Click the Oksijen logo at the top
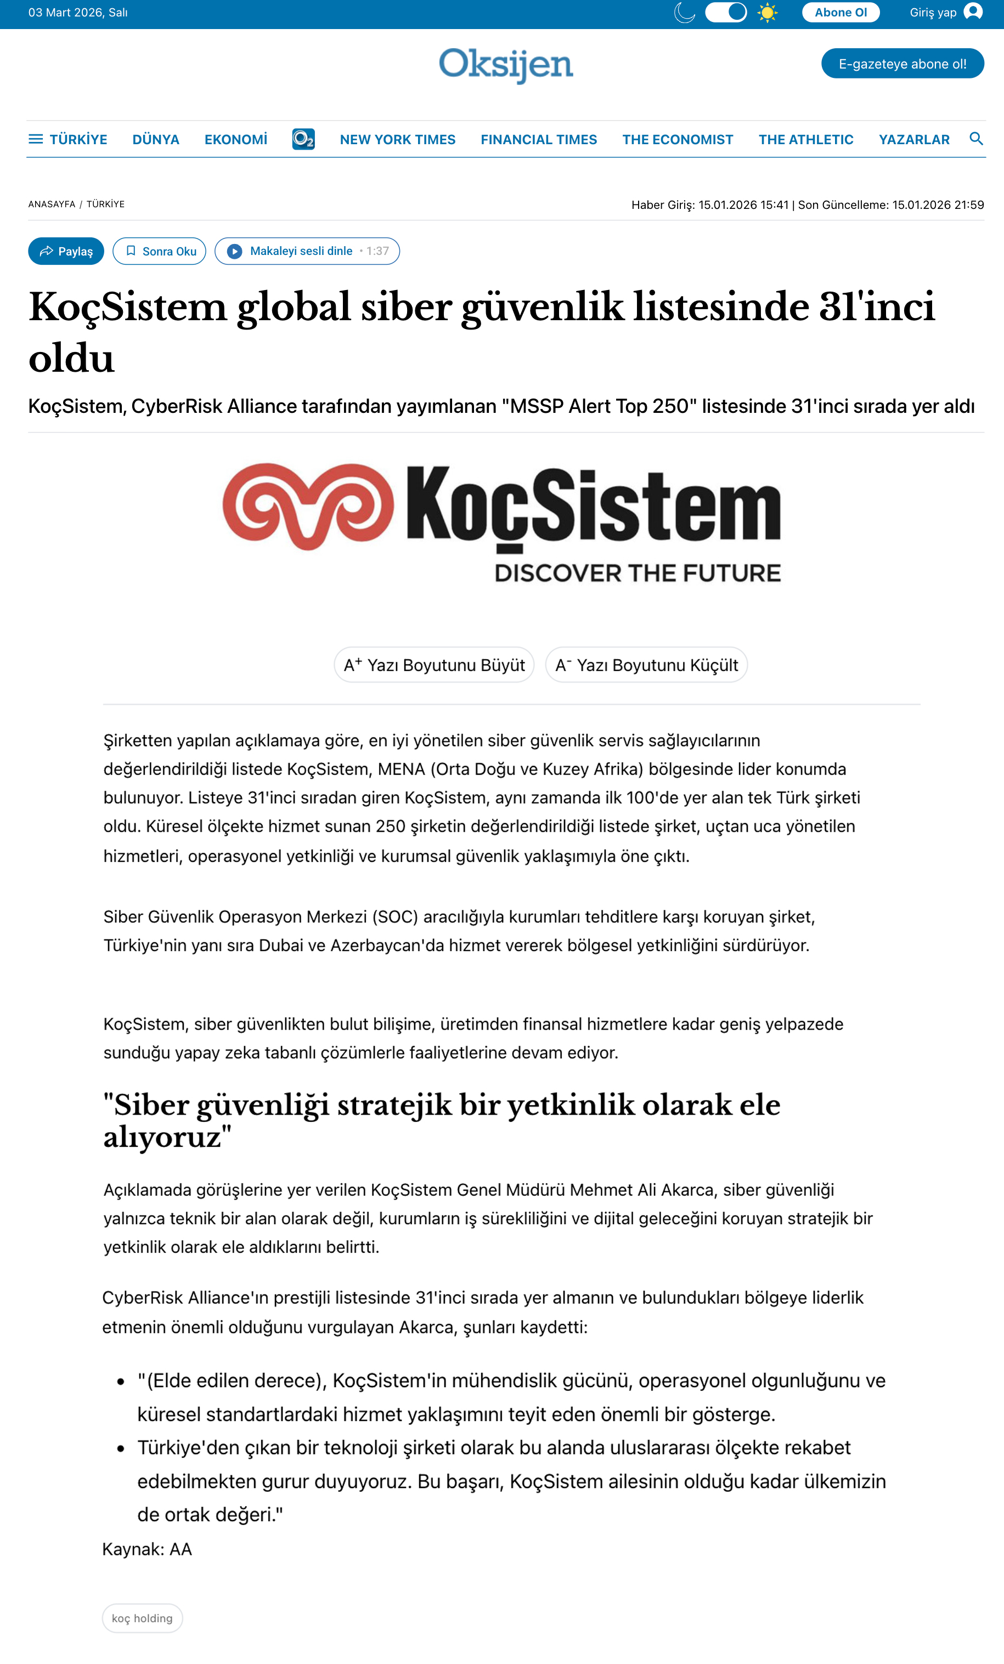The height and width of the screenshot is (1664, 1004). tap(505, 65)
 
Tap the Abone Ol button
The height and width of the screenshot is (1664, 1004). tap(841, 13)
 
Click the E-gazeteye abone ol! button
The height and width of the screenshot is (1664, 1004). tap(902, 64)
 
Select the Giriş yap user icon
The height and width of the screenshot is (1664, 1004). tap(973, 12)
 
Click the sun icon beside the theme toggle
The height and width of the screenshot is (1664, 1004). tap(767, 13)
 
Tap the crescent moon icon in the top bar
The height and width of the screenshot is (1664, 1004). tap(685, 13)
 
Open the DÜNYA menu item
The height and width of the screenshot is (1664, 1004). tap(155, 140)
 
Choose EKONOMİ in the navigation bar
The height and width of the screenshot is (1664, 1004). tap(236, 140)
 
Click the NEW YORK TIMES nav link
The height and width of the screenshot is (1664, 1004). tap(397, 140)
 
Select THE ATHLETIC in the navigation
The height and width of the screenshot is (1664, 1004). tap(805, 140)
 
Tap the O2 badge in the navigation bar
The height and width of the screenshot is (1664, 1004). tap(303, 139)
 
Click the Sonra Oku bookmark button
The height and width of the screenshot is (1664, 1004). tap(160, 251)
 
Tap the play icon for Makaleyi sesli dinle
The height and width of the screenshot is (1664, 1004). tap(234, 251)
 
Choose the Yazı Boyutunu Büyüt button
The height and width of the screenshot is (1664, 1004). tap(434, 665)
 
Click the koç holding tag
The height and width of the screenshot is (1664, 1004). tap(142, 1618)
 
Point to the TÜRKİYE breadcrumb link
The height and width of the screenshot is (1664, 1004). tap(105, 204)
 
